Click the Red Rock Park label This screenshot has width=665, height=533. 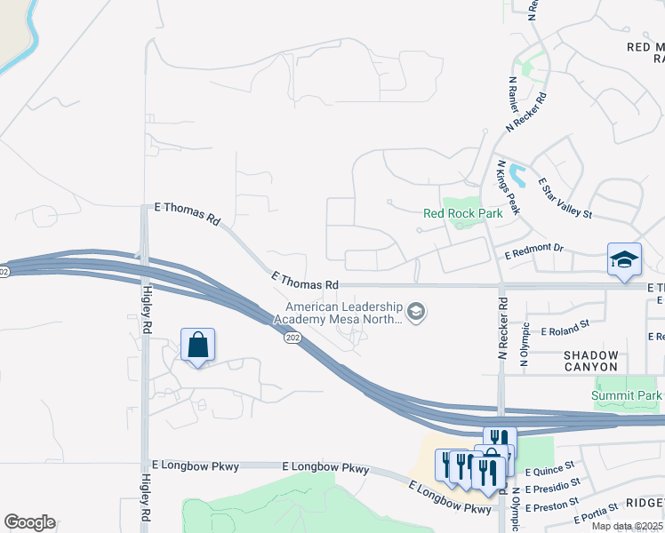[x=462, y=213]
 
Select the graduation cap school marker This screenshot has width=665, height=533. [x=624, y=259]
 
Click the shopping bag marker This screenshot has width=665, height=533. [x=197, y=344]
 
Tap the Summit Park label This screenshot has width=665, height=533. [x=627, y=394]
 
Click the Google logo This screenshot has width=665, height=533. [x=29, y=522]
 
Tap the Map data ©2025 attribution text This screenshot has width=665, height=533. [x=627, y=526]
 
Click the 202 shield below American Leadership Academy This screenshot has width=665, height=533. [x=292, y=338]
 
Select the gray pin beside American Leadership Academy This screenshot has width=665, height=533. [x=416, y=312]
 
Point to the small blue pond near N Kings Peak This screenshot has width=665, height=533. [x=518, y=176]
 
